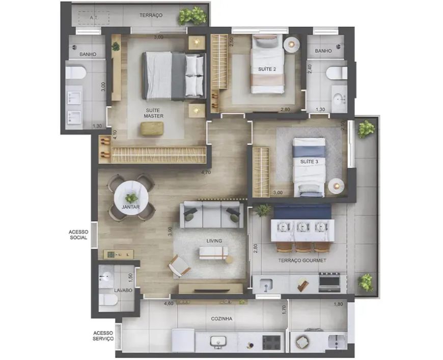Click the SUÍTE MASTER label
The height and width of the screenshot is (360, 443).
[x=153, y=113]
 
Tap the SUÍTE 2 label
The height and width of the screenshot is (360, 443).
[x=267, y=69]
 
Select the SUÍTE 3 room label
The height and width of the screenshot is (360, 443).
[x=309, y=161]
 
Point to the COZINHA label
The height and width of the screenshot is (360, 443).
[x=222, y=319]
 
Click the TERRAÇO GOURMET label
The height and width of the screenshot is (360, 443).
[x=302, y=261]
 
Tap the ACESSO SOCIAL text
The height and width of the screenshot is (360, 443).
[x=78, y=235]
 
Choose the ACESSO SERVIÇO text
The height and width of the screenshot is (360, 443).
[x=103, y=336]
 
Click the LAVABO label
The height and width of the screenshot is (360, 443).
[x=123, y=290]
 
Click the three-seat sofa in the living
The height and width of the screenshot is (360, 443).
[x=212, y=214]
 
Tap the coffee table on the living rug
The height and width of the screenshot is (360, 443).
[x=213, y=253]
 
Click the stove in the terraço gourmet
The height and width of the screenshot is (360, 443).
[x=329, y=282]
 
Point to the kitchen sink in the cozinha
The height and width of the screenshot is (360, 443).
[x=218, y=342]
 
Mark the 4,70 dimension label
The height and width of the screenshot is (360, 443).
[x=206, y=173]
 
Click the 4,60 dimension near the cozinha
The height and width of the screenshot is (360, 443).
[x=169, y=304]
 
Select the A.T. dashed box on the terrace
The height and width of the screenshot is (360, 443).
[x=94, y=17]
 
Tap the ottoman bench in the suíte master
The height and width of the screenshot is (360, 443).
[x=152, y=128]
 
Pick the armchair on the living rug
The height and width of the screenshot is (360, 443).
[x=179, y=266]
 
